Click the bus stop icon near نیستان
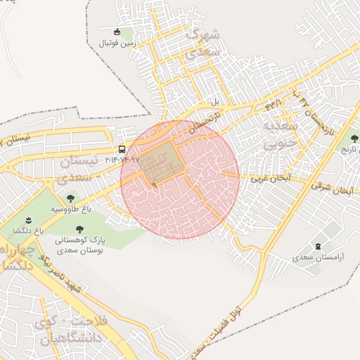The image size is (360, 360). coord(122,150)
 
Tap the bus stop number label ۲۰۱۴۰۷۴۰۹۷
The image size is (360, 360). coord(122,160)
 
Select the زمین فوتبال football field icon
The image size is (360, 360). coord(117,32)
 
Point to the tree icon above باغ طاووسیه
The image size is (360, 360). coord(70,199)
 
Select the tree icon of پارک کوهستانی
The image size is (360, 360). coord(79,229)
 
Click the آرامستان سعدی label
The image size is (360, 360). coord(319,257)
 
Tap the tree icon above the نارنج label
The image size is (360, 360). coord(354,139)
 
